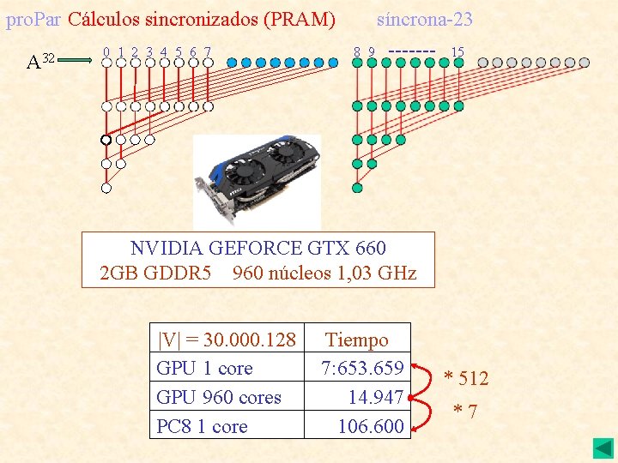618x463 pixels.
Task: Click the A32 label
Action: [x=40, y=62]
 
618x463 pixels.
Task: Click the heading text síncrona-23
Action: [x=425, y=19]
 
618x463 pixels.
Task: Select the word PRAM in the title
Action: [x=304, y=19]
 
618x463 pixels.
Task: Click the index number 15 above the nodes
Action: [x=457, y=52]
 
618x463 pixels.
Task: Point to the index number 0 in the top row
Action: [x=106, y=52]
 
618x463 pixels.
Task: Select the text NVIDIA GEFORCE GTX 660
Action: [x=258, y=248]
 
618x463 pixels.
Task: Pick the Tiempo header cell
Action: [x=357, y=340]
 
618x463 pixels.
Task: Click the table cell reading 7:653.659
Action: [x=362, y=368]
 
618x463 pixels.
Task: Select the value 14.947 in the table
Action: [x=376, y=397]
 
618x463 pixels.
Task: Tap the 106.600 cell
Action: [x=371, y=426]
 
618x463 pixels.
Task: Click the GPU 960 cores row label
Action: [x=219, y=397]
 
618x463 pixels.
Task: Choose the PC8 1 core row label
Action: [x=202, y=426]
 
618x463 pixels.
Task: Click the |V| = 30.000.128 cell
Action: [x=227, y=340]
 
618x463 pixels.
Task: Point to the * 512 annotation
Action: [x=465, y=378]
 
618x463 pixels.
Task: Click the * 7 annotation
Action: [x=465, y=412]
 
